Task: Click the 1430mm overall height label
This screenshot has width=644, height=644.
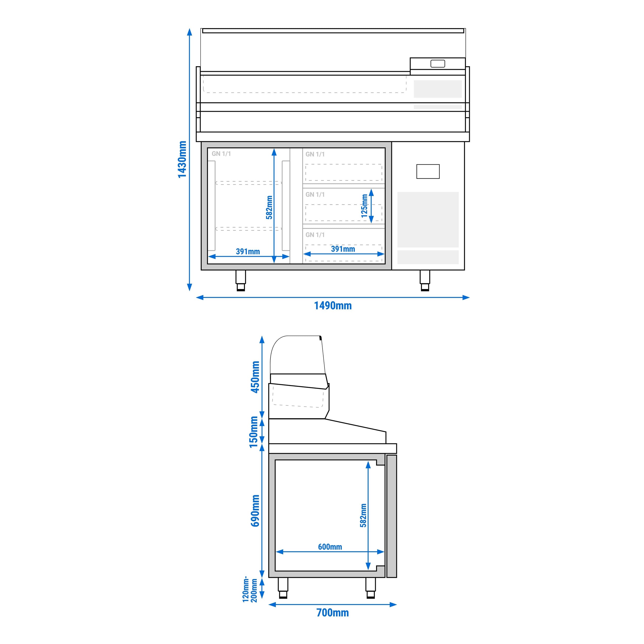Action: tap(182, 159)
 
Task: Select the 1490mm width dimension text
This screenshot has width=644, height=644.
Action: tap(333, 306)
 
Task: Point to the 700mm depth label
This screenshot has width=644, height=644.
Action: tap(332, 613)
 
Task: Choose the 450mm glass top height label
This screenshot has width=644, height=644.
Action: tap(255, 377)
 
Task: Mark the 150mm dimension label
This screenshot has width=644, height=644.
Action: tap(254, 432)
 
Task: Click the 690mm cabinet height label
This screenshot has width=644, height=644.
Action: tap(255, 510)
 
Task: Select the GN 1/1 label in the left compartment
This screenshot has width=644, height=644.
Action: tap(221, 154)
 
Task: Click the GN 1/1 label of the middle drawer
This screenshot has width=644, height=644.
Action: tap(315, 194)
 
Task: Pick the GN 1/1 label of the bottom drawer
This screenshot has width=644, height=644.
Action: tap(315, 235)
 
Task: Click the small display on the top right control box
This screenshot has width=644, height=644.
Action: tap(438, 64)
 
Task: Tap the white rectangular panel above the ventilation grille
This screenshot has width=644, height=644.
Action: tap(428, 171)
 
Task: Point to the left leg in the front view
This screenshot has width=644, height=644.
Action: tap(241, 280)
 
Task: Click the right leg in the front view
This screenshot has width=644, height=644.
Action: tap(425, 280)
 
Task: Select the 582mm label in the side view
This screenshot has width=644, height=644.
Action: tap(363, 515)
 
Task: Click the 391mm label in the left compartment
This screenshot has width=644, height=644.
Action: tap(248, 252)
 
